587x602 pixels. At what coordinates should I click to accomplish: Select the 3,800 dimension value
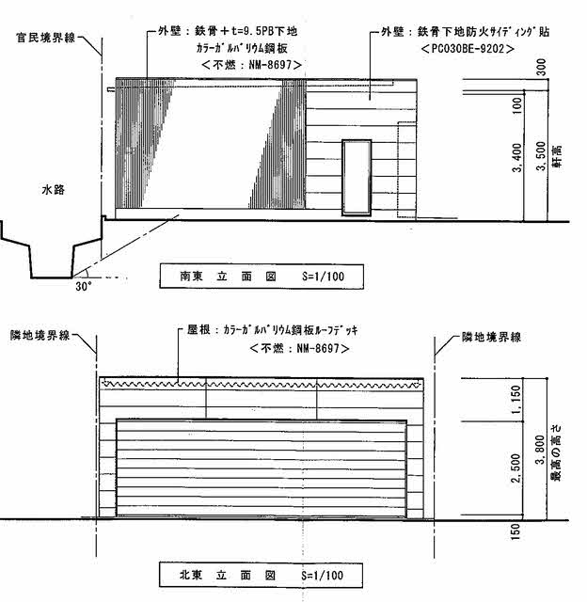[539, 453]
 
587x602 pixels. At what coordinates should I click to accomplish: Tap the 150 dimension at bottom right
[516, 532]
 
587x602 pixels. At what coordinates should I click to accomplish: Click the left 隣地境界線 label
[41, 336]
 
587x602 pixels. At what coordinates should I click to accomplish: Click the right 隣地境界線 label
[491, 336]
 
